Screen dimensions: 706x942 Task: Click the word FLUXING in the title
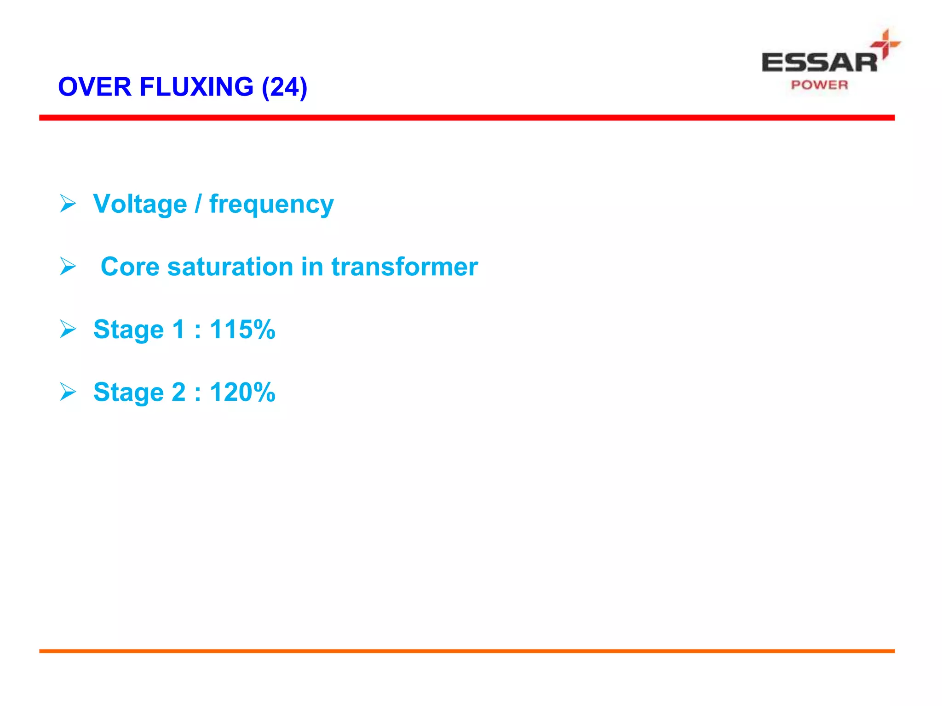(x=196, y=87)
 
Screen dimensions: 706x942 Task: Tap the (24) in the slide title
(x=284, y=87)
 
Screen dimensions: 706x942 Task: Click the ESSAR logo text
(x=819, y=63)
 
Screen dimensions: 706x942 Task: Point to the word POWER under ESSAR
(x=819, y=85)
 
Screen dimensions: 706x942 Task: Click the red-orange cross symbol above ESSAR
(x=885, y=44)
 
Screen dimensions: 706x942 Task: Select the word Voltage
(x=140, y=204)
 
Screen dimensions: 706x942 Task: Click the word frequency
(x=271, y=205)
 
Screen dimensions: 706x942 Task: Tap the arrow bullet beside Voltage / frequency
(x=68, y=203)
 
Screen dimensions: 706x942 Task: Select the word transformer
(x=405, y=267)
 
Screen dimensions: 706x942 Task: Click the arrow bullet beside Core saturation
(x=68, y=266)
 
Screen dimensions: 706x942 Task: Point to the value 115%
(x=242, y=330)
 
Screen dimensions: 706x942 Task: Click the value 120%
(x=242, y=392)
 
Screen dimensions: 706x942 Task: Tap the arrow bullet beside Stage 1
(x=68, y=329)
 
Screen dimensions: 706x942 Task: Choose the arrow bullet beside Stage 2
(x=68, y=392)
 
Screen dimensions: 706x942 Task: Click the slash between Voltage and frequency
(x=198, y=204)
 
